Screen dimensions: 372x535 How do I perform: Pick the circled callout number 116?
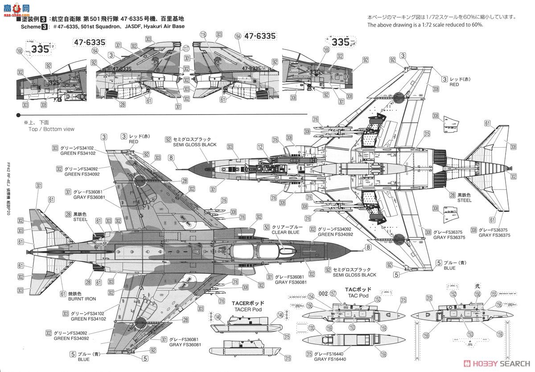point(203,34)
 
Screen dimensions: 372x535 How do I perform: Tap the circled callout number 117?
point(186,50)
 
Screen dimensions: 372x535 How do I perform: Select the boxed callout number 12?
point(260,147)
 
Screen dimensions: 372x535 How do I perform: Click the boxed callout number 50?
point(267,227)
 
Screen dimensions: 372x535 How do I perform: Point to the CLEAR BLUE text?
point(285,233)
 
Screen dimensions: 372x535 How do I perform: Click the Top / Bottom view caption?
point(51,129)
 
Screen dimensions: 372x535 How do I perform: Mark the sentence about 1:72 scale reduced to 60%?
point(425,25)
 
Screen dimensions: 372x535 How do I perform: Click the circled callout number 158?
point(477,294)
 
